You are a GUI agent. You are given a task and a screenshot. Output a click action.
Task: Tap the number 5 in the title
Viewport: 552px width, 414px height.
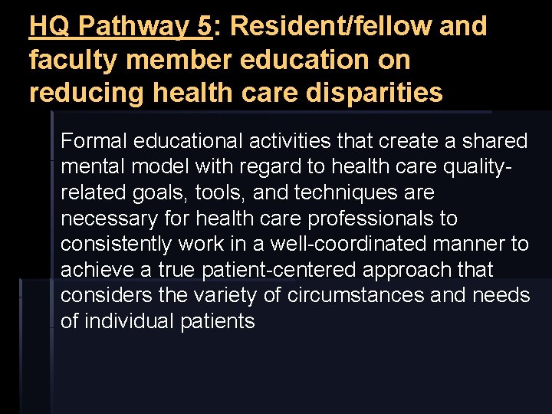203,26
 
